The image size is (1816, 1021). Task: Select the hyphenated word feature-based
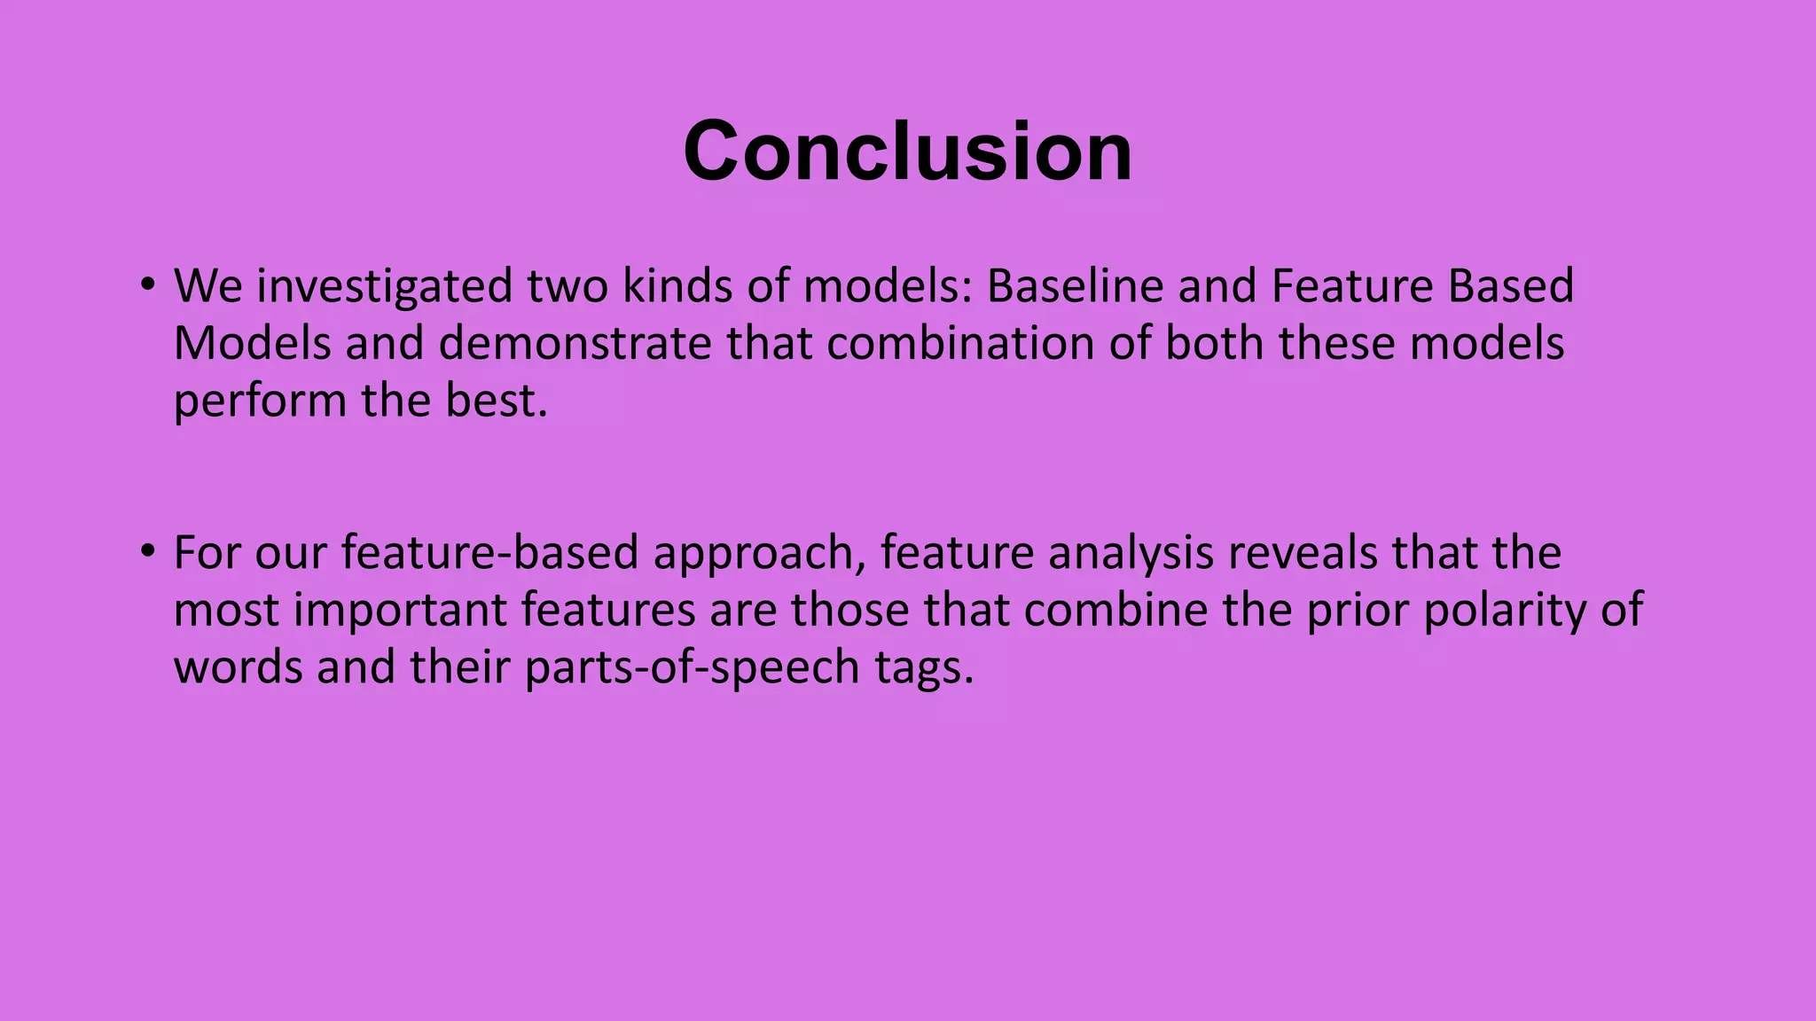click(x=489, y=553)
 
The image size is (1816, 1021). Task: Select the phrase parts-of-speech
click(x=692, y=668)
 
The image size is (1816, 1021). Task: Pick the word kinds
click(x=678, y=286)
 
